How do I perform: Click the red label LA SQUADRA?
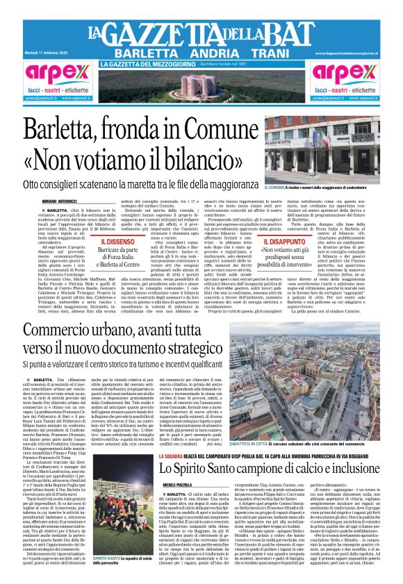(x=153, y=455)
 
